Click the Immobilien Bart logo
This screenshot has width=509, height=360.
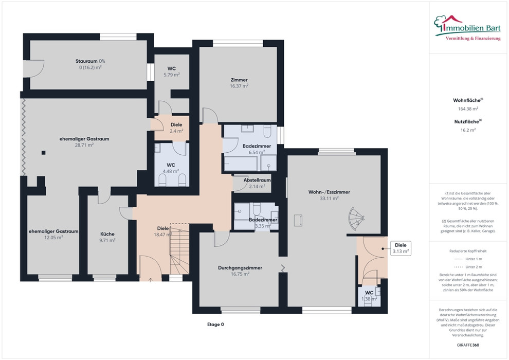click(x=467, y=28)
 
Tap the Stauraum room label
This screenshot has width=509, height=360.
click(x=86, y=61)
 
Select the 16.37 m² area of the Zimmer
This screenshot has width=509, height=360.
click(x=239, y=86)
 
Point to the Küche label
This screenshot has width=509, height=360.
click(x=107, y=233)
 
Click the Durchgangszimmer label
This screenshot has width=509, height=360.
click(x=240, y=268)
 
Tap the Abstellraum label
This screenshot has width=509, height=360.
click(x=257, y=180)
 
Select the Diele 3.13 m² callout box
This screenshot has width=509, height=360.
click(x=401, y=248)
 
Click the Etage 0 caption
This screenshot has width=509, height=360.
click(x=215, y=325)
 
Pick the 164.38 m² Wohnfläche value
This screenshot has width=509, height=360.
click(x=468, y=109)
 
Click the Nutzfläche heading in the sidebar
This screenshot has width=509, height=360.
click(x=466, y=122)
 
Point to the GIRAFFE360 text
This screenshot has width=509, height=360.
click(x=468, y=345)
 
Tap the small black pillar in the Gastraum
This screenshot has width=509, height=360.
click(x=44, y=153)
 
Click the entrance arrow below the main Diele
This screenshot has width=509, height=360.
click(x=151, y=279)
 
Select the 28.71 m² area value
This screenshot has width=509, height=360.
click(x=84, y=145)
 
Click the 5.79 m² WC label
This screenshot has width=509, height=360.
click(x=172, y=75)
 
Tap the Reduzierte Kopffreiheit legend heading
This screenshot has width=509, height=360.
click(x=468, y=251)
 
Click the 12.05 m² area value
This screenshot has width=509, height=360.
click(x=53, y=238)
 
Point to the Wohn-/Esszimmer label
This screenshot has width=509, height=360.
click(x=329, y=192)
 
